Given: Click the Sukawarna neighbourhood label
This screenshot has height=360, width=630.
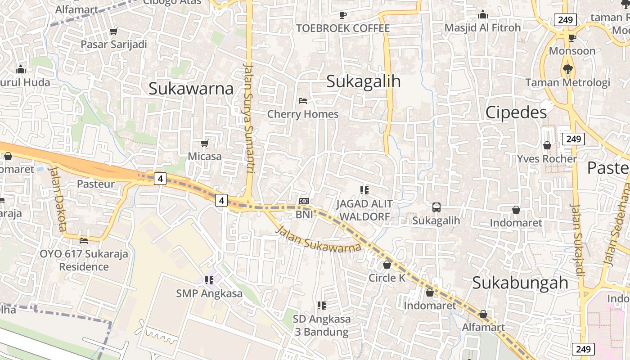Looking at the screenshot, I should click(191, 89).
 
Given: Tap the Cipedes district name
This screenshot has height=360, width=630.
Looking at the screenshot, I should click(516, 112).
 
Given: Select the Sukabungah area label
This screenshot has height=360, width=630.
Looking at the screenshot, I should click(520, 283).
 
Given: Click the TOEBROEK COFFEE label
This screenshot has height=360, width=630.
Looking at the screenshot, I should click(343, 28).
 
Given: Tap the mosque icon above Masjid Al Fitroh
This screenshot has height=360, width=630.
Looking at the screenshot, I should click(483, 15).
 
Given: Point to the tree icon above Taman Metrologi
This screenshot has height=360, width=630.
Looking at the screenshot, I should click(567, 69).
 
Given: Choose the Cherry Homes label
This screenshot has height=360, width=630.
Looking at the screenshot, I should click(303, 114).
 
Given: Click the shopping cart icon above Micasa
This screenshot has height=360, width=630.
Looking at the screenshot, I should click(205, 144).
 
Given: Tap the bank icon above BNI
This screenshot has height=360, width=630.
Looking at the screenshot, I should click(304, 201).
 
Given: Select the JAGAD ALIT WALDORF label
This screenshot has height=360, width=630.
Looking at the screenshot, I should click(364, 210).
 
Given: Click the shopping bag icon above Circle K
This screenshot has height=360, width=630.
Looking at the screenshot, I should click(387, 265).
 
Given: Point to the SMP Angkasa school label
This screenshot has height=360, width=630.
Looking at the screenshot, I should click(209, 293).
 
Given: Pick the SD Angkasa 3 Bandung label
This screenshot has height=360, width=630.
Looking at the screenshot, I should click(321, 325).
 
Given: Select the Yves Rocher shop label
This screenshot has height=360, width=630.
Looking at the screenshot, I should click(547, 159).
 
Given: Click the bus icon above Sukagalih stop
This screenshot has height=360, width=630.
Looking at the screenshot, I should click(436, 207).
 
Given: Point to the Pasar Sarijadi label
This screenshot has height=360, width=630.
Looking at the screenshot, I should click(114, 45).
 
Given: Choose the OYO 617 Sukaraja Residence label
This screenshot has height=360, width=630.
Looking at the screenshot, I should click(84, 260).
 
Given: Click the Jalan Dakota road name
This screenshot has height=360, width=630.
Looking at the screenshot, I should click(58, 198).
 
